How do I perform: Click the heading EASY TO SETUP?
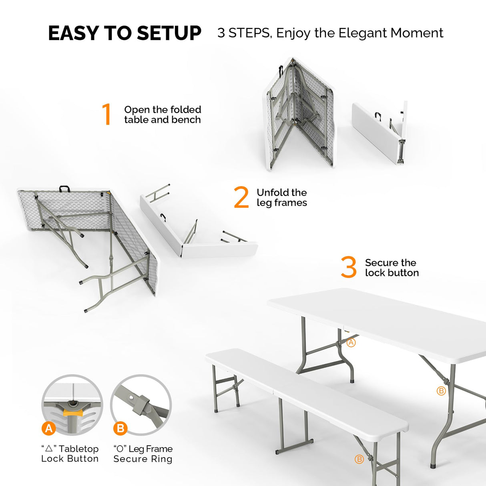125,33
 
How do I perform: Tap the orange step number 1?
106,114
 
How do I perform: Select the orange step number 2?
241,197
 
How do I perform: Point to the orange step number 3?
349,267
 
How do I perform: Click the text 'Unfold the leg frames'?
282,198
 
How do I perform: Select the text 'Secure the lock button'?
392,268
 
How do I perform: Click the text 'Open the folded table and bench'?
163,115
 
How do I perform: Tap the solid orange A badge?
49,428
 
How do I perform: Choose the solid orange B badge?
120,428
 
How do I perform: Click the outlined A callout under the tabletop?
351,343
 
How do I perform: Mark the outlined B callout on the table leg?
441,391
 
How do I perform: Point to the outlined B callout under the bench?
359,459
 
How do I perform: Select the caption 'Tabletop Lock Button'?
70,454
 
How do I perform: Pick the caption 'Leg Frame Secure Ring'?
143,454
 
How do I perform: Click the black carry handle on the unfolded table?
65,189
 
